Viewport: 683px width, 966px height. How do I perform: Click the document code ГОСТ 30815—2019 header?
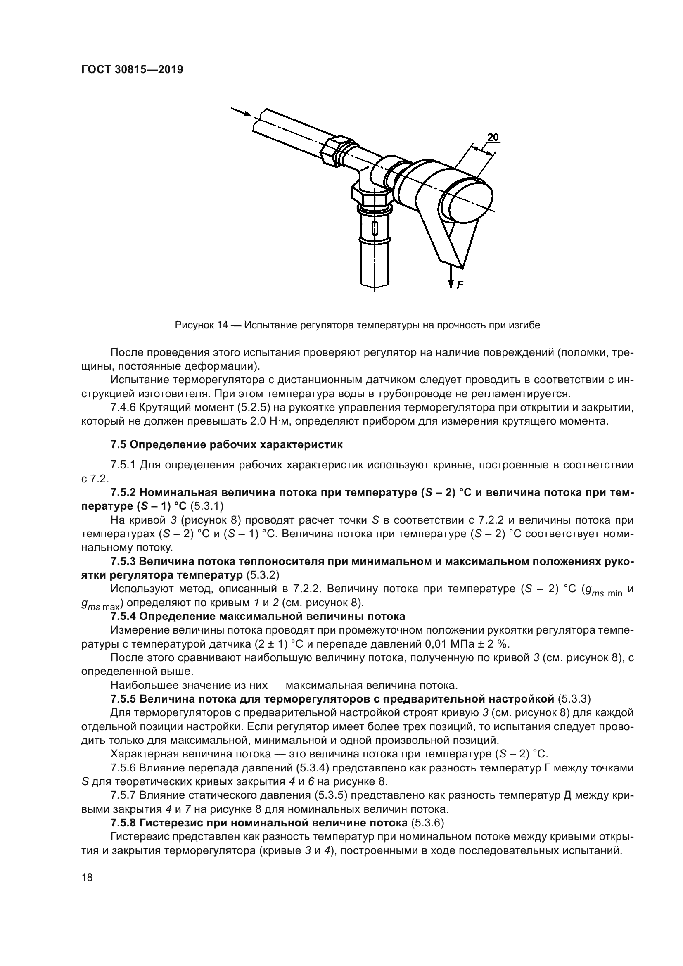(x=132, y=70)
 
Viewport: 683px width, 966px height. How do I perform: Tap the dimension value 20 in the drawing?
(x=493, y=137)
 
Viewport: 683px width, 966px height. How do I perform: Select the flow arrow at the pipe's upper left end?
(x=242, y=112)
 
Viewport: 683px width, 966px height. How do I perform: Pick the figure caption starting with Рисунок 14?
(x=357, y=325)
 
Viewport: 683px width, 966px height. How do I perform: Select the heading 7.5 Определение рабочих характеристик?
(x=227, y=445)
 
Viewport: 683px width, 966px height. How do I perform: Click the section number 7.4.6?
(x=122, y=408)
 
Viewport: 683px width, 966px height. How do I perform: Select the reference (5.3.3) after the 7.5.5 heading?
(x=574, y=699)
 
